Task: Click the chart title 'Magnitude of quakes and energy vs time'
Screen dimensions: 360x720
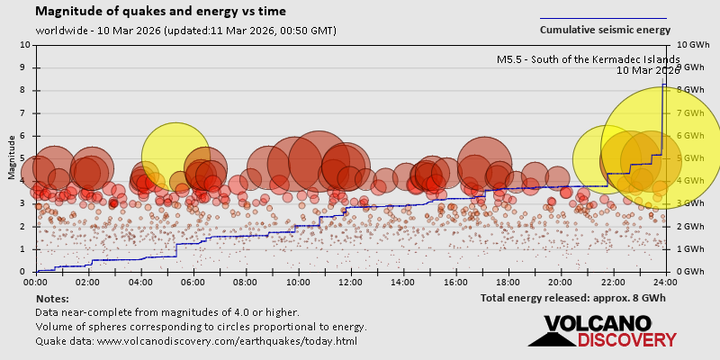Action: pos(161,12)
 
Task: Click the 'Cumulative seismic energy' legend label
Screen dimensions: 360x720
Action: pos(605,30)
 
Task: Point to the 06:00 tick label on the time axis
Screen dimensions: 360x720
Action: pos(193,283)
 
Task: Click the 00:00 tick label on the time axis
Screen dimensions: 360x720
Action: pos(36,283)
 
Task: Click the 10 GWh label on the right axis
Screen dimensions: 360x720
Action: pos(688,44)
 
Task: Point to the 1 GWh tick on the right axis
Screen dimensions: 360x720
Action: pos(686,249)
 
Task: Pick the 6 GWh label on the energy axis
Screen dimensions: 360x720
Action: pos(686,135)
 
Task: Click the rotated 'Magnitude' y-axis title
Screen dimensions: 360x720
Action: pos(12,157)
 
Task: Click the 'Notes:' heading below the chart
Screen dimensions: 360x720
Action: pos(52,298)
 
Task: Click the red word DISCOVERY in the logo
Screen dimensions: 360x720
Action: pos(626,340)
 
